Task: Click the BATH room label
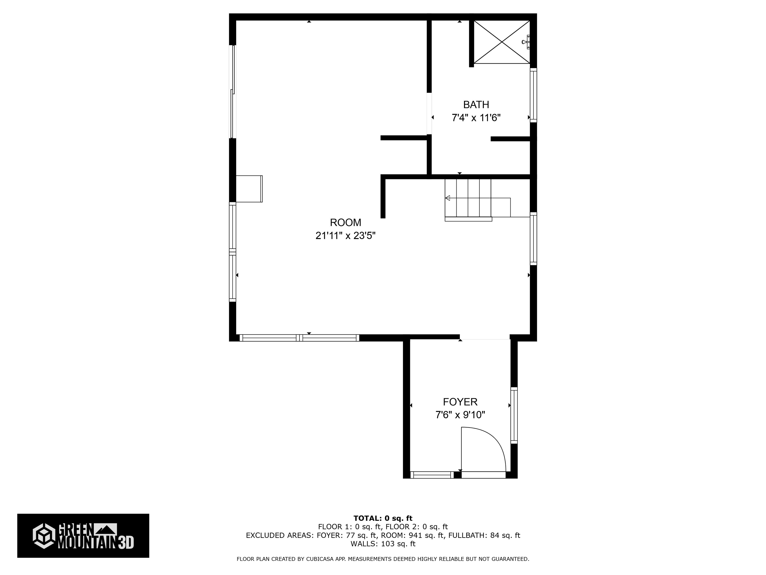tap(476, 104)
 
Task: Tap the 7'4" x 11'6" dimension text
tap(476, 118)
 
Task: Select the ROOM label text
tap(345, 222)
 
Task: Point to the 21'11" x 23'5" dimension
tap(345, 236)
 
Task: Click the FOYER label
tap(460, 402)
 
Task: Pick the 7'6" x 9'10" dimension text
tap(460, 415)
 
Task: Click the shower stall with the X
tap(502, 42)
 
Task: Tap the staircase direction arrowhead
tap(447, 198)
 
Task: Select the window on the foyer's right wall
tap(514, 415)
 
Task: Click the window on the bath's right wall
tap(533, 95)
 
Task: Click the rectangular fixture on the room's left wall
tap(249, 189)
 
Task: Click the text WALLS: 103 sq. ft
tap(383, 544)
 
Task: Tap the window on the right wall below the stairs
tap(533, 239)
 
